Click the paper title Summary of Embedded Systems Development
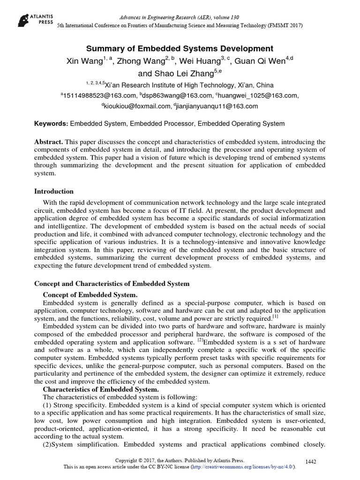(x=180, y=48)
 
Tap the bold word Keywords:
(x=51, y=124)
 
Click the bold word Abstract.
(x=49, y=142)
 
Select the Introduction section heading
(x=54, y=191)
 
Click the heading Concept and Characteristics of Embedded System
(x=112, y=284)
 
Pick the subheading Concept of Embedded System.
(x=90, y=294)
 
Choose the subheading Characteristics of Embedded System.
(x=101, y=389)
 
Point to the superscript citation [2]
(x=200, y=340)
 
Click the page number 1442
(x=310, y=462)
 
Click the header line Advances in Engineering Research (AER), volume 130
(x=180, y=17)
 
